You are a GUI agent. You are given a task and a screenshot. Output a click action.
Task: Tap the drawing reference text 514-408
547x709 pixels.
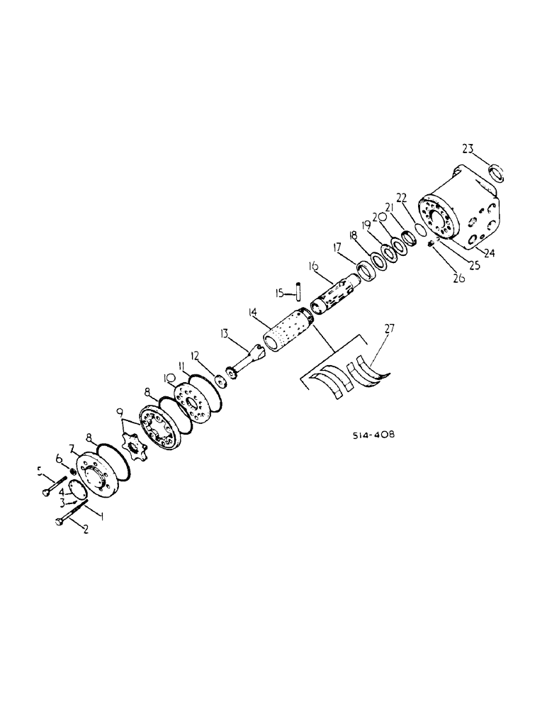(372, 435)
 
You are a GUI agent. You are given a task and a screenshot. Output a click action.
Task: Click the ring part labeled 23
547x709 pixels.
(496, 173)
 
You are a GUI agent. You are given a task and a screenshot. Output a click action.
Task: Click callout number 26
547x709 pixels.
(458, 279)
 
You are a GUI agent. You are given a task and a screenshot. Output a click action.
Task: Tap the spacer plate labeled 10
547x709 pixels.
(194, 401)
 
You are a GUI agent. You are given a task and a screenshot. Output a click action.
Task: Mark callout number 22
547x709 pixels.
(402, 198)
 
